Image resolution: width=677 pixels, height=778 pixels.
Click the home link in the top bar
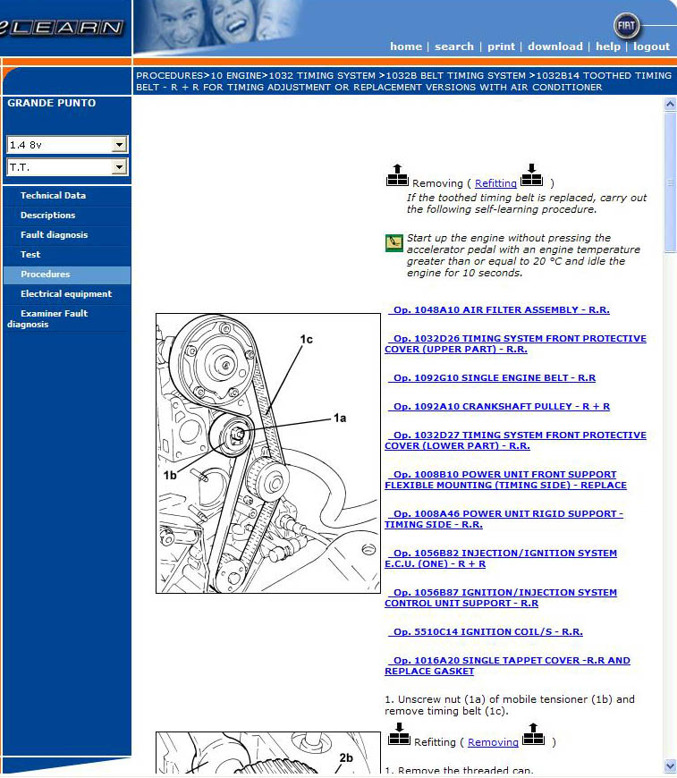[405, 47]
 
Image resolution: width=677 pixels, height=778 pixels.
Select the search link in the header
[454, 47]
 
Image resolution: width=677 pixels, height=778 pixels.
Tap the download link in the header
[554, 47]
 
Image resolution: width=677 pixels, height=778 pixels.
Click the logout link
[651, 47]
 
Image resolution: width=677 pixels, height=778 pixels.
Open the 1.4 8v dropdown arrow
[119, 145]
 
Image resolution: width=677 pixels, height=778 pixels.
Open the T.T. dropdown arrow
[119, 167]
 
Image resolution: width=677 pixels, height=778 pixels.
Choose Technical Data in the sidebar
[53, 196]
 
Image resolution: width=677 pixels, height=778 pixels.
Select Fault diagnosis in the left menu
[54, 235]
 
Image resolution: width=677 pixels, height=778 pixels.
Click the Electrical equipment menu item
[66, 294]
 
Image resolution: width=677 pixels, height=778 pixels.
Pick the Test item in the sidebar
[30, 255]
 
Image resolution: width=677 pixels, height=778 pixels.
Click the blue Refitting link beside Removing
[495, 183]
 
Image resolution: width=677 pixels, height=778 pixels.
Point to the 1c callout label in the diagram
[306, 339]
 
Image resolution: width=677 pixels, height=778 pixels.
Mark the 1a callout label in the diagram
[339, 418]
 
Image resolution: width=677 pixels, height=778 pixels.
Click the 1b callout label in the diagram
[170, 475]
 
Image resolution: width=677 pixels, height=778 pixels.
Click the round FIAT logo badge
[628, 25]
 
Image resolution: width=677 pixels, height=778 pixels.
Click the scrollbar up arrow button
[670, 105]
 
